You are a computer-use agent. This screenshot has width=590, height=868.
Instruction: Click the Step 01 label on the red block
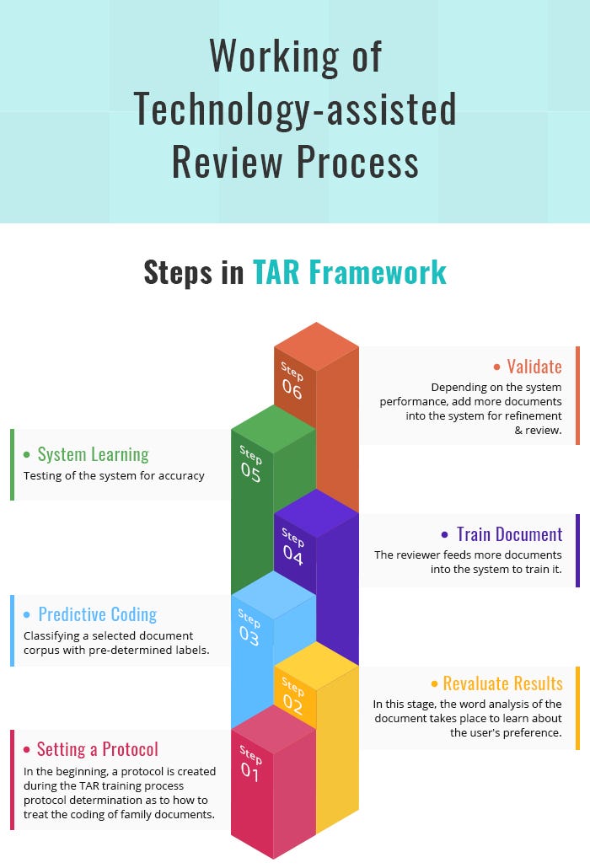pyautogui.click(x=251, y=764)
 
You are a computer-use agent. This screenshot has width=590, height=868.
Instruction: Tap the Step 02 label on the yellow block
pyautogui.click(x=293, y=697)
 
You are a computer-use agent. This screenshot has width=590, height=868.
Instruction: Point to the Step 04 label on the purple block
pyautogui.click(x=293, y=546)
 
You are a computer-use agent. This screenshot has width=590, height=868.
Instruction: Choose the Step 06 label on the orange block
pyautogui.click(x=292, y=380)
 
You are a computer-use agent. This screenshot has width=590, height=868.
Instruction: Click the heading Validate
pyautogui.click(x=534, y=367)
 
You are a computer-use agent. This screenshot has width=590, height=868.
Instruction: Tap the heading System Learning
pyautogui.click(x=93, y=454)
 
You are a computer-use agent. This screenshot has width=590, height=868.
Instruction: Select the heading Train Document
pyautogui.click(x=509, y=534)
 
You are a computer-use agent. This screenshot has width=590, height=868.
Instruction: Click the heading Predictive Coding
pyautogui.click(x=97, y=614)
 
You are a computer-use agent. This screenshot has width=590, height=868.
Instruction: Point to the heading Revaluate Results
pyautogui.click(x=502, y=683)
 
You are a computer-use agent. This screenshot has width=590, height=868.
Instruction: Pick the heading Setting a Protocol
pyautogui.click(x=97, y=749)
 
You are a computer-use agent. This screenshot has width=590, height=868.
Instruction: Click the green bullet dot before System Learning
pyautogui.click(x=27, y=455)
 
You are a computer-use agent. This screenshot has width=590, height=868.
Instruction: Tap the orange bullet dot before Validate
pyautogui.click(x=496, y=367)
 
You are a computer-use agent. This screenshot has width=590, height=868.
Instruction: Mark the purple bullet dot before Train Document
pyautogui.click(x=445, y=535)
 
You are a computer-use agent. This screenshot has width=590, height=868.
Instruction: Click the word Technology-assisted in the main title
pyautogui.click(x=295, y=110)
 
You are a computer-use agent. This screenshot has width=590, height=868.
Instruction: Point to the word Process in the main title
pyautogui.click(x=367, y=162)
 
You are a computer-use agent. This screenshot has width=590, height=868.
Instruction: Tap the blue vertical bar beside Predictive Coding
pyautogui.click(x=13, y=630)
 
